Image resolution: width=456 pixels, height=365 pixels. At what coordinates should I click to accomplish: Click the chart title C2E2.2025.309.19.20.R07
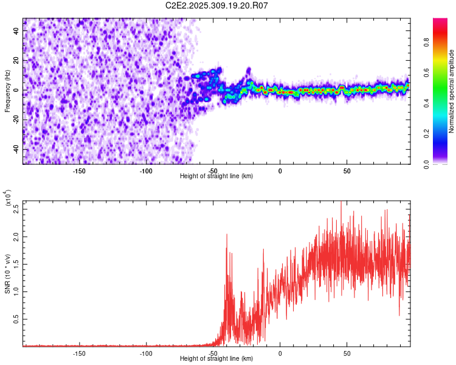click(x=217, y=5)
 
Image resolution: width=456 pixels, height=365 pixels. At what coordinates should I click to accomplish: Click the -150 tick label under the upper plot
click(x=79, y=170)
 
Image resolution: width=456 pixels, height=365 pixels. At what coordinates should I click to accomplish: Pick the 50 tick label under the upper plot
click(x=346, y=170)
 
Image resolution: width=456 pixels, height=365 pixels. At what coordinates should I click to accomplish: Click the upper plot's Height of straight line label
click(x=216, y=176)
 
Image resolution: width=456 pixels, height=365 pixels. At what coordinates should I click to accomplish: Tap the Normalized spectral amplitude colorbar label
click(x=451, y=91)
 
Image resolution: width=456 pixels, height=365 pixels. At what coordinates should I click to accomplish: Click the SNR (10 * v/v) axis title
click(x=7, y=274)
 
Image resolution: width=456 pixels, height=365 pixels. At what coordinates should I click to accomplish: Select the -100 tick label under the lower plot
click(x=146, y=353)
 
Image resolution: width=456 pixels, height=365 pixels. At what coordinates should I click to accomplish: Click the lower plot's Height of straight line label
click(x=216, y=359)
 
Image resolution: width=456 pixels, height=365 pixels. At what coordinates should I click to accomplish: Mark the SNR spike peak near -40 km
click(x=227, y=234)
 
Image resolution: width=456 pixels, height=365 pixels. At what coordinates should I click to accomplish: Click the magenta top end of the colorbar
click(x=440, y=21)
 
